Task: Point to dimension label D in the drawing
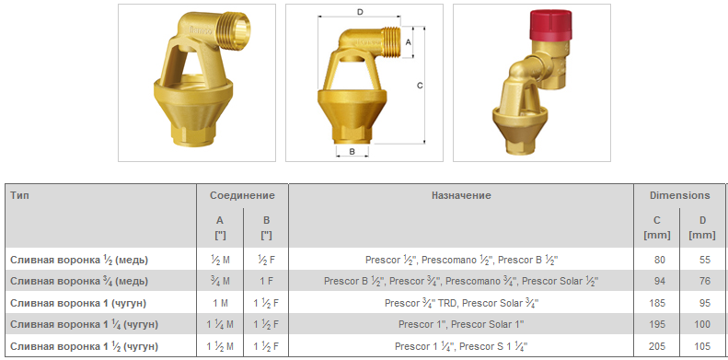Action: click(x=360, y=12)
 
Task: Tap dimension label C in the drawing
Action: click(x=420, y=86)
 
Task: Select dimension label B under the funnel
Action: click(x=352, y=151)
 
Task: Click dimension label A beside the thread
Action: click(x=408, y=41)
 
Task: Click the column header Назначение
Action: click(x=461, y=195)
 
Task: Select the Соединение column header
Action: click(x=242, y=195)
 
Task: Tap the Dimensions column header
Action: click(x=680, y=195)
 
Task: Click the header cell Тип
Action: click(x=19, y=195)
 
